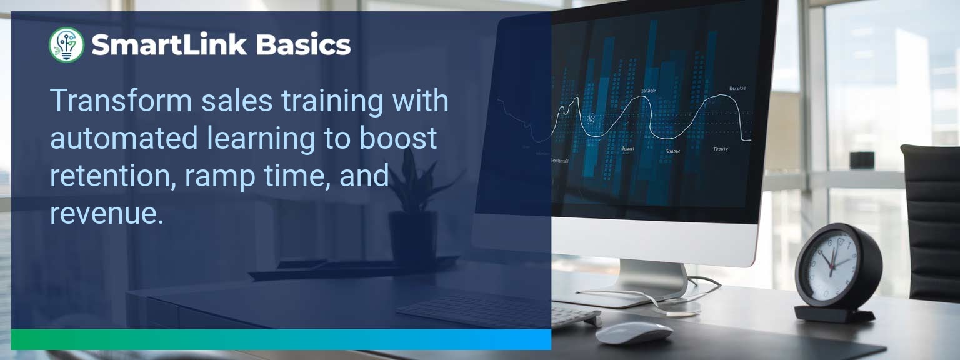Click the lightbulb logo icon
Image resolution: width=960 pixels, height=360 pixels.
(66, 45)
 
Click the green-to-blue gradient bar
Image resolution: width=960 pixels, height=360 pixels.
(281, 339)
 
